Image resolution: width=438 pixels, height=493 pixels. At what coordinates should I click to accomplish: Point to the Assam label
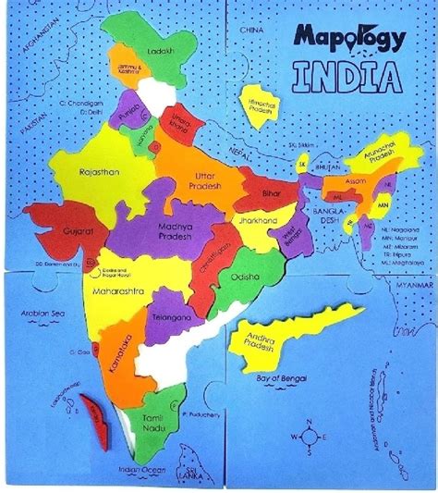point(355,182)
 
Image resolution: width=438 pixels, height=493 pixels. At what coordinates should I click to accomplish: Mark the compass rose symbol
point(308,436)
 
